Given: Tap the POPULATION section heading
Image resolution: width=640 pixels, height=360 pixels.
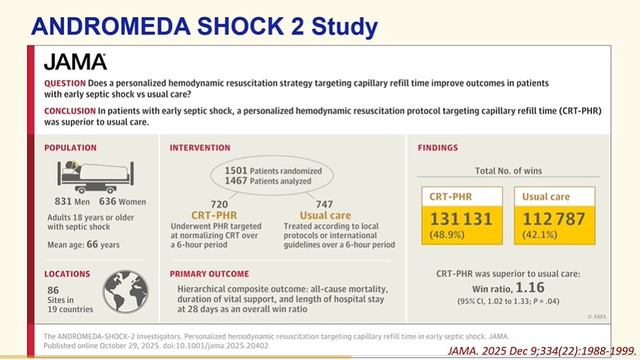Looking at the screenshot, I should pos(71,147).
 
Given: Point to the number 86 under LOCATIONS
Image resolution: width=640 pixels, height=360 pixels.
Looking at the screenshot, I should pos(52,291).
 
